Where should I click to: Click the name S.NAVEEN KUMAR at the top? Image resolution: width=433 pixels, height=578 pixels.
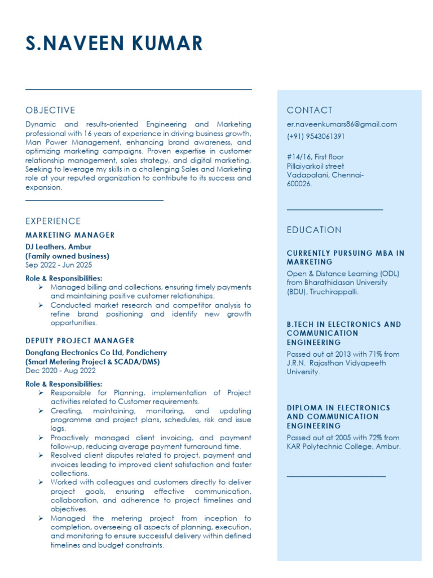tap(114, 43)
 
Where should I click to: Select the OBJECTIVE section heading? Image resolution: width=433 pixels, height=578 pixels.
tap(50, 110)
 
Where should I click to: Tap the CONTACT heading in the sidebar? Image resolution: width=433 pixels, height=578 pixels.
tap(310, 110)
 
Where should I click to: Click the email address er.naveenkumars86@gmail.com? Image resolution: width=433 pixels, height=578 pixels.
tap(342, 124)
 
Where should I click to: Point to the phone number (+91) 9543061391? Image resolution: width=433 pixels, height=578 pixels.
tap(316, 137)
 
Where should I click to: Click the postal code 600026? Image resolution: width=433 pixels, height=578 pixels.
tap(299, 184)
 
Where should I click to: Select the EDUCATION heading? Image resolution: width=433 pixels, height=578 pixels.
tap(314, 230)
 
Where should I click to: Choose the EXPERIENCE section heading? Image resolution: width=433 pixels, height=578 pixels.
tap(53, 221)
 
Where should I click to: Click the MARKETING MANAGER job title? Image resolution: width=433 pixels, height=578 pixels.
tap(70, 235)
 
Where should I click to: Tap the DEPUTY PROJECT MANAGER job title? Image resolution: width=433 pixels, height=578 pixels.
tap(80, 341)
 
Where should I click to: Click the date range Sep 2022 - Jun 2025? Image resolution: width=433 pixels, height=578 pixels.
tap(59, 265)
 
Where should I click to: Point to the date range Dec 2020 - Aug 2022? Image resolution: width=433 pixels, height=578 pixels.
tap(60, 371)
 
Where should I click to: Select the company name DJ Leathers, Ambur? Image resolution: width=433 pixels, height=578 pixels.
tap(58, 247)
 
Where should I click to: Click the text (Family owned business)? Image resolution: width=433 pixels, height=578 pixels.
tap(67, 256)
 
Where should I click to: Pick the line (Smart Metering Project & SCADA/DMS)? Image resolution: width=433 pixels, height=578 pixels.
tap(92, 362)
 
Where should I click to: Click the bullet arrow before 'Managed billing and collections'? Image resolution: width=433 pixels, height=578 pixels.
tap(41, 287)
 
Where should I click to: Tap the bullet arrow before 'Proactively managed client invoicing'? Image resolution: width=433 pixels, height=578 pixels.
tap(41, 438)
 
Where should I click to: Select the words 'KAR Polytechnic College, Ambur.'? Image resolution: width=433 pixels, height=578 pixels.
tap(344, 446)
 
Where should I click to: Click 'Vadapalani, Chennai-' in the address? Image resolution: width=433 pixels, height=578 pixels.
tap(325, 175)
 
